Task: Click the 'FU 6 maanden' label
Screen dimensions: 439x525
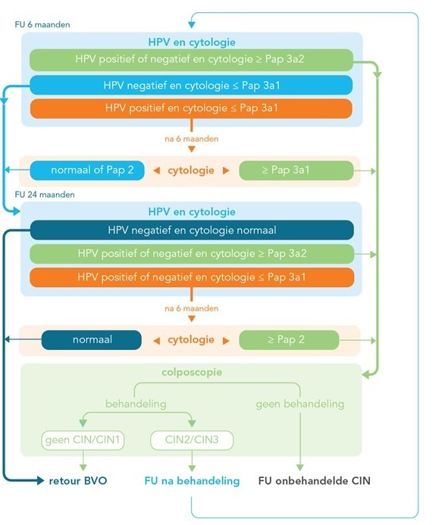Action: point(42,24)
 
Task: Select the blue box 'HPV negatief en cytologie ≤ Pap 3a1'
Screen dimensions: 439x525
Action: point(191,85)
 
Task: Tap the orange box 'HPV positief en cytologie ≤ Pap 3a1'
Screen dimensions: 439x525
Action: point(191,108)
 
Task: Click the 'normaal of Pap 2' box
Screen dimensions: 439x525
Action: point(87,170)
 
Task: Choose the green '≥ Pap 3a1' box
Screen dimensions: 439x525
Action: point(296,170)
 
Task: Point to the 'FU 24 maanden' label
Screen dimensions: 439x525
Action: point(45,195)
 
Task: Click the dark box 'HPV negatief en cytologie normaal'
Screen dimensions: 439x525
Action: point(192,230)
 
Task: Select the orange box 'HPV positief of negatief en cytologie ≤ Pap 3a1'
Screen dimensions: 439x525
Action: point(192,277)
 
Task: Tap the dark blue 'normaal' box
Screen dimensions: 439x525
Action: point(92,340)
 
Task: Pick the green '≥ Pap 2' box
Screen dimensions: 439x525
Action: point(289,340)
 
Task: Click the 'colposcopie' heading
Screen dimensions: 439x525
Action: point(192,372)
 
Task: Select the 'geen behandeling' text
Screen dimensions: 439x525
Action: point(300,404)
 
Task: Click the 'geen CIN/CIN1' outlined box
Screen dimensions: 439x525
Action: point(83,439)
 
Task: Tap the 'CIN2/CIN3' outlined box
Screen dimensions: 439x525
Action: point(192,439)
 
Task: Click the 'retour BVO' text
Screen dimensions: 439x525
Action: point(78,481)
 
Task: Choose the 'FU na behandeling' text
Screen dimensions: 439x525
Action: point(192,481)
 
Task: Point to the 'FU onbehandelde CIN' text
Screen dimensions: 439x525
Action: point(315,481)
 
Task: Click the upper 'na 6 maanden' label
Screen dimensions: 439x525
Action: point(191,139)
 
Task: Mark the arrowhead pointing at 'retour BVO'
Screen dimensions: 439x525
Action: point(40,481)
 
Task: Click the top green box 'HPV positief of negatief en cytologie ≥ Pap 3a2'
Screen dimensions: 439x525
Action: point(191,60)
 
